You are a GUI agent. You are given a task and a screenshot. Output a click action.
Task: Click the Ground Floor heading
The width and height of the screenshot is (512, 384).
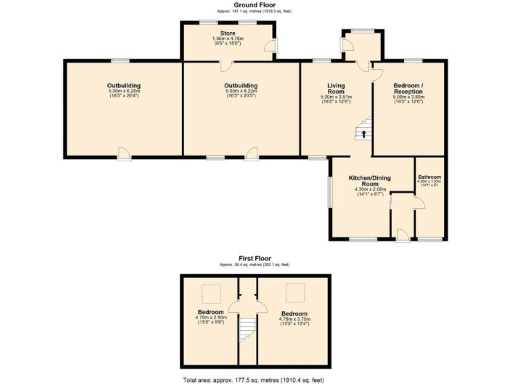pos(255,5)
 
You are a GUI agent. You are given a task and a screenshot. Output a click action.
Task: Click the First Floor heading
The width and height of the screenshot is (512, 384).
pos(255,258)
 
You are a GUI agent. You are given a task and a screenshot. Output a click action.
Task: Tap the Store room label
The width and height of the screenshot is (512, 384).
pos(228,33)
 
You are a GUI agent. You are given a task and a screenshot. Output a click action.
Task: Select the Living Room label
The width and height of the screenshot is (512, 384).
pos(335,88)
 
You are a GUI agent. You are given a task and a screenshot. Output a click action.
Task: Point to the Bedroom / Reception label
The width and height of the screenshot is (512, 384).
pos(408,88)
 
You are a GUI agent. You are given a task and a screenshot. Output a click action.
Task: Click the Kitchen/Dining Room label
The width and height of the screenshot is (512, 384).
pos(370,181)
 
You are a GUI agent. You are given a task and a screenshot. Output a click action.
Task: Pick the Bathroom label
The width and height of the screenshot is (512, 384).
pos(429,177)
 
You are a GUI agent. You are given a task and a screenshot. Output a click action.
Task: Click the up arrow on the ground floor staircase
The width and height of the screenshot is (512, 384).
pos(363,133)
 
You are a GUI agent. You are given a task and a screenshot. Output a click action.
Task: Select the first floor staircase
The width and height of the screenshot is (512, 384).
pos(247,329)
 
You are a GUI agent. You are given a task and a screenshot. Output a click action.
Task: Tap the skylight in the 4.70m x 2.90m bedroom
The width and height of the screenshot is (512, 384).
pos(211,293)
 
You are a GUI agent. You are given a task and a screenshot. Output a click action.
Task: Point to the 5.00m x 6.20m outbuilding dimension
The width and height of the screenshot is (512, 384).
pos(124,91)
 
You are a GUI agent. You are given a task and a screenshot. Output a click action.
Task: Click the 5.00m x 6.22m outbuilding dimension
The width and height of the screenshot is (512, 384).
pos(241,91)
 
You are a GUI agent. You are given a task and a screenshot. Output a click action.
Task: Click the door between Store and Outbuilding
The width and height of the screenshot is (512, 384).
pos(225,65)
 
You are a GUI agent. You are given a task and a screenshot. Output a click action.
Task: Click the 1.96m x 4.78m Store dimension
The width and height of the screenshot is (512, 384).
pos(228,39)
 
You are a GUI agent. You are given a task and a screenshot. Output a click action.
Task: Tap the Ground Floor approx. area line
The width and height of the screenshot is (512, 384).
pos(255,11)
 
